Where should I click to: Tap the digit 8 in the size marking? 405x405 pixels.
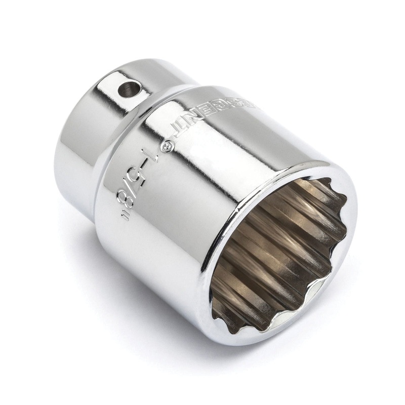coord(129,199)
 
